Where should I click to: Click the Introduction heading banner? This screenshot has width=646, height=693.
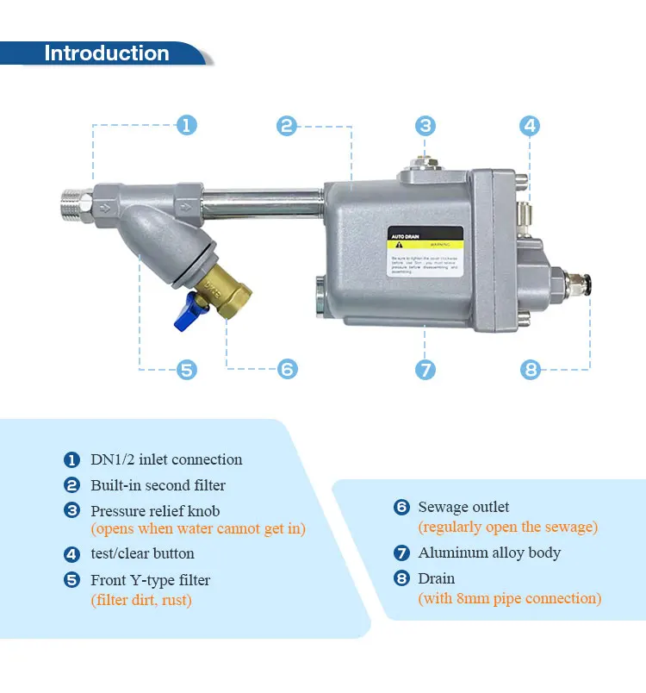(x=106, y=53)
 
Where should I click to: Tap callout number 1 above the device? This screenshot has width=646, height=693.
(x=187, y=125)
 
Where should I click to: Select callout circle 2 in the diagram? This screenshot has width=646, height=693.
(x=287, y=126)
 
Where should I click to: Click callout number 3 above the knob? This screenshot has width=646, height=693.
(x=425, y=125)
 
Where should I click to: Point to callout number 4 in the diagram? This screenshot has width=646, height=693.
(x=530, y=125)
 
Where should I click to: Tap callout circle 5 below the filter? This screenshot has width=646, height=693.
(x=187, y=370)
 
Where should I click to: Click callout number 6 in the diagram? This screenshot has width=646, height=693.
(x=288, y=370)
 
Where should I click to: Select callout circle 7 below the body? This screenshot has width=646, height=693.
(x=425, y=370)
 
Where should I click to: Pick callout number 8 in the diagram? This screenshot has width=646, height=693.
(x=531, y=370)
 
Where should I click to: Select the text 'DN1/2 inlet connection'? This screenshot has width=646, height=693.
(x=166, y=459)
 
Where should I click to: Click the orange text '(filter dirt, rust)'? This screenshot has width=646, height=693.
(x=141, y=600)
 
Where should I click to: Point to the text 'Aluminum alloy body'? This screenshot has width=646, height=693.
(x=489, y=553)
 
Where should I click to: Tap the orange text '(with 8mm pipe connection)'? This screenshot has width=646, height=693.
(x=509, y=598)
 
